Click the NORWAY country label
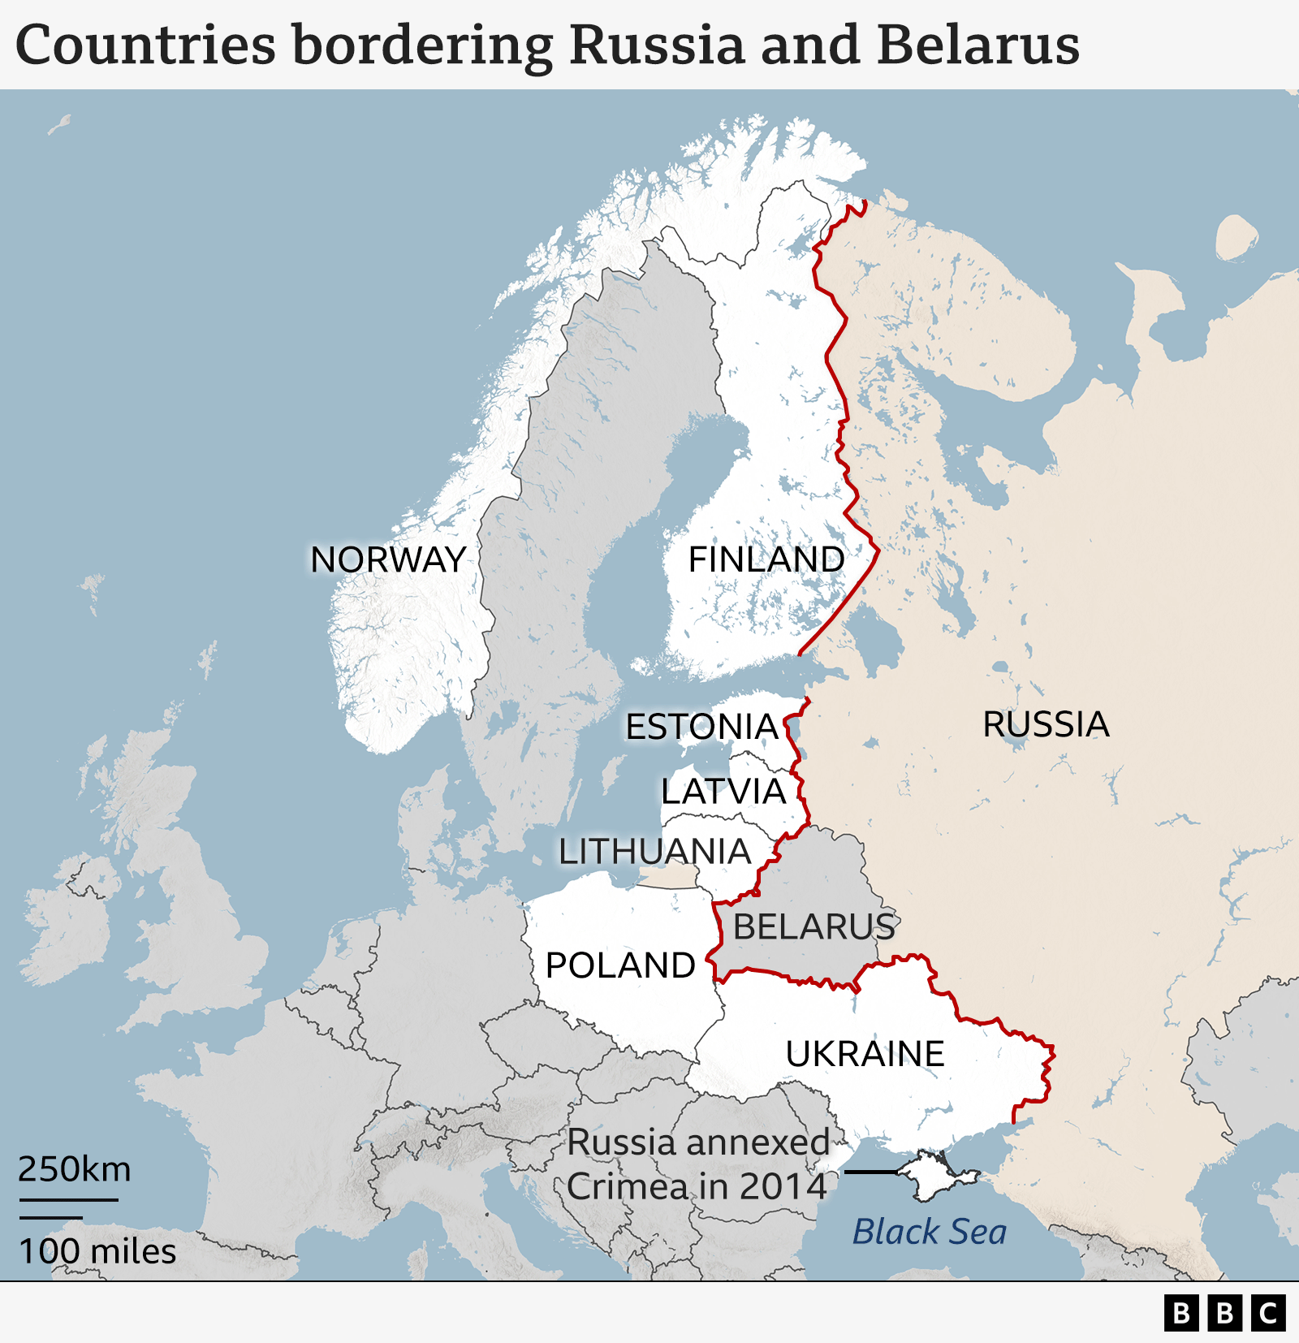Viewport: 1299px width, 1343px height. pos(388,559)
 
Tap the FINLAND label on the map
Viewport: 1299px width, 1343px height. pos(766,559)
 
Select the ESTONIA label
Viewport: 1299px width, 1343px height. pos(702,727)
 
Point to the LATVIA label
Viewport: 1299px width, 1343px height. pos(723,791)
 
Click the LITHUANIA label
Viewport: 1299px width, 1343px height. pos(654,852)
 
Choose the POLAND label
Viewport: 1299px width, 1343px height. pos(620,965)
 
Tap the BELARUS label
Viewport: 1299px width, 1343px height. pos(813,926)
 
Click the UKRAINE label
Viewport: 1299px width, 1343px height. pos(865,1054)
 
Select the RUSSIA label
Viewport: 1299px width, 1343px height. pos(1046,724)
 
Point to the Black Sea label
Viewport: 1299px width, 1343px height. pos(929,1232)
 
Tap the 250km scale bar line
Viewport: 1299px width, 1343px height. pos(69,1199)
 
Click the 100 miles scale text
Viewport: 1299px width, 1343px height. pos(97,1251)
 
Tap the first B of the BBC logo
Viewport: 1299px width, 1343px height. pos(1182,1313)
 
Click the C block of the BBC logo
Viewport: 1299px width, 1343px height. pos(1268,1313)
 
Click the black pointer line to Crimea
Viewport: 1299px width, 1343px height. pos(871,1172)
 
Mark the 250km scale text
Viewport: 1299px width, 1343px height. pos(75,1169)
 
